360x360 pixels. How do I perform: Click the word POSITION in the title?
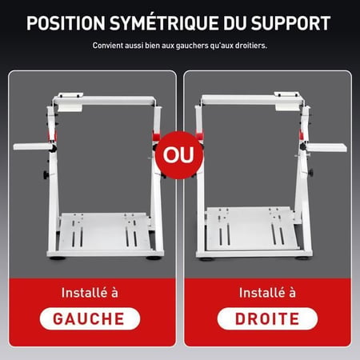pos(66,23)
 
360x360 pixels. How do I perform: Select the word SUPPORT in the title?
pos(290,23)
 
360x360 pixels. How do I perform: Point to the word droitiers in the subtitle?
pos(250,46)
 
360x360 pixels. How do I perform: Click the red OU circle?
pos(179,155)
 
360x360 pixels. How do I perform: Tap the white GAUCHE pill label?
pos(90,318)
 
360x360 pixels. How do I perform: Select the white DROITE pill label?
pos(267,318)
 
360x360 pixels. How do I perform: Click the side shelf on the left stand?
pos(33,146)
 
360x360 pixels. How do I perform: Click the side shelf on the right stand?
pos(326,147)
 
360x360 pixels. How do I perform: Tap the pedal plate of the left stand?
pos(105,231)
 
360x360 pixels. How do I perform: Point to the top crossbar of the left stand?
pos(104,101)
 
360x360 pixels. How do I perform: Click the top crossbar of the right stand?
pos(252,100)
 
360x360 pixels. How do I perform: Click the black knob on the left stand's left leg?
pos(46,174)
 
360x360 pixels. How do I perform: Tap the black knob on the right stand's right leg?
pos(310,173)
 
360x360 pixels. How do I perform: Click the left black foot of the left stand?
pos(58,258)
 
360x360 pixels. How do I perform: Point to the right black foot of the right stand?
pos(302,258)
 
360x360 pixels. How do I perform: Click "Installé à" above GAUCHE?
pos(90,293)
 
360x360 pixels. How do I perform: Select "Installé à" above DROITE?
pos(267,293)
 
